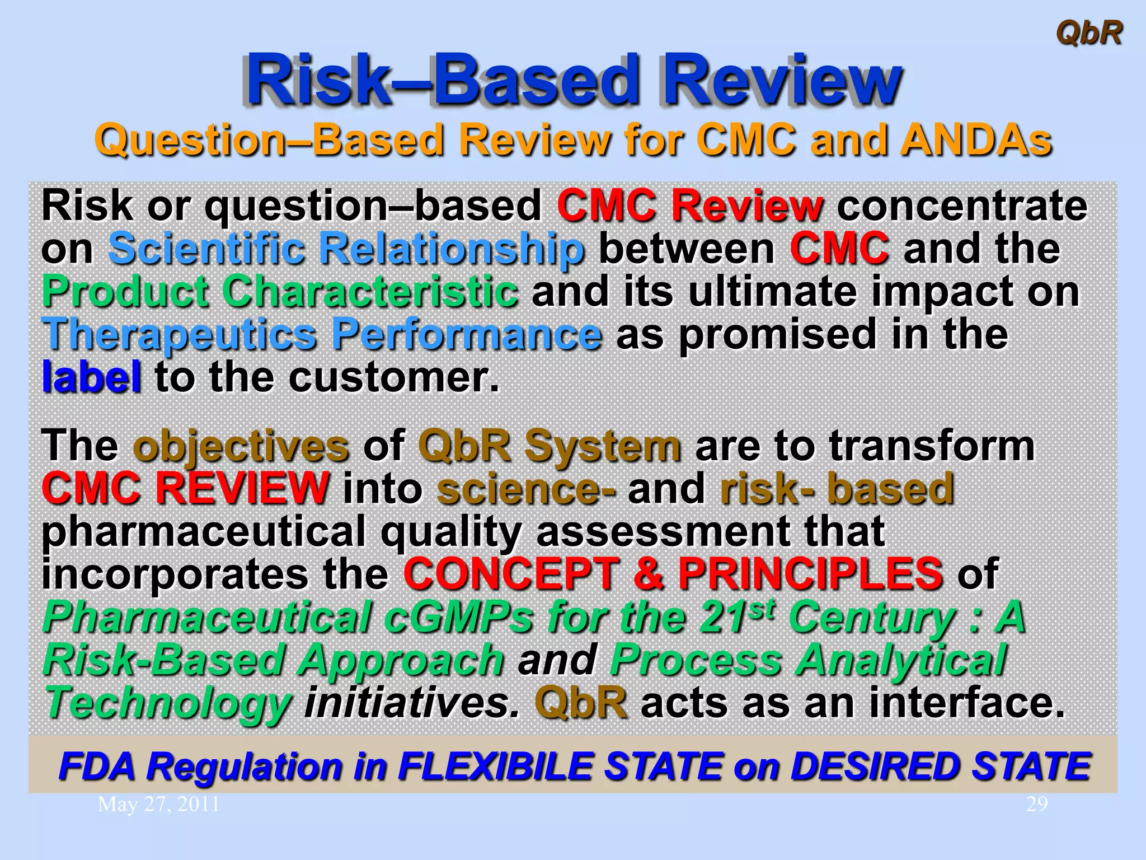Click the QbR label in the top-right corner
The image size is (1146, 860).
point(1088,33)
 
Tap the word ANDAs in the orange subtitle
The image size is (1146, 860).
point(976,140)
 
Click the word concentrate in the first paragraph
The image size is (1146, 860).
point(962,205)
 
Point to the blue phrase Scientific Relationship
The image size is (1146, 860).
point(346,249)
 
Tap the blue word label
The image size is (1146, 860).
point(91,377)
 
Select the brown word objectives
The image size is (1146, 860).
point(241,446)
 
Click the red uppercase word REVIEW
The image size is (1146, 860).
point(242,489)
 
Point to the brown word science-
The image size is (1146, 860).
point(526,489)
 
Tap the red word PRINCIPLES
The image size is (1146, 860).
point(810,574)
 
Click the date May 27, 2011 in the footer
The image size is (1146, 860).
point(158,805)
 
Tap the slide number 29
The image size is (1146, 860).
point(1036,804)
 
